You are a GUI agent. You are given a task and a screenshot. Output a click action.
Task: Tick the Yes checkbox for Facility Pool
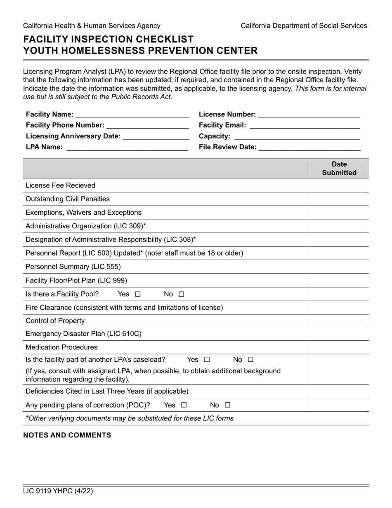[x=138, y=294]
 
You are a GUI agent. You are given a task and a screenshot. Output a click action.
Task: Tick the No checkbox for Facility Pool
[x=182, y=294]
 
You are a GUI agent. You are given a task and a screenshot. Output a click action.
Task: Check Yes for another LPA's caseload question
[x=207, y=360]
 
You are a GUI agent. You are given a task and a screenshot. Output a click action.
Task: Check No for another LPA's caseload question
[x=251, y=360]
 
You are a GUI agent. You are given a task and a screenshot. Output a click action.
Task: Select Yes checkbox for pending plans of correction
[x=184, y=405]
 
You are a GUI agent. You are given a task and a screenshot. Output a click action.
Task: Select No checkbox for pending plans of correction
[x=228, y=405]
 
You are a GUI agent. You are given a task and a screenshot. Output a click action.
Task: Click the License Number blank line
[x=309, y=115]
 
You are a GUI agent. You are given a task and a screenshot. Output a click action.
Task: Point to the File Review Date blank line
[x=309, y=147]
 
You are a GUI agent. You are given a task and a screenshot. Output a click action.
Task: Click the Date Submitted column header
[x=339, y=169]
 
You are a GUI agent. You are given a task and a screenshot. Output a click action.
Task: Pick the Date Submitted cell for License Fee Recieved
[x=339, y=185]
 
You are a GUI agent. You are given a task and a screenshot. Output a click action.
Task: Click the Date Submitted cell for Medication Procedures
[x=339, y=347]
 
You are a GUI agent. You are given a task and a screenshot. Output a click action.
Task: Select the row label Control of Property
[x=55, y=321]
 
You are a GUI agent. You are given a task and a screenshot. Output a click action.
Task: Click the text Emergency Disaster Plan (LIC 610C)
[x=83, y=334]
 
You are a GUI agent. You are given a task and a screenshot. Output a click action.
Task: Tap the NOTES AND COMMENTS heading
[x=67, y=435]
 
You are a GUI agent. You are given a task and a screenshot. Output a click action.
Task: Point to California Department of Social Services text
[x=304, y=26]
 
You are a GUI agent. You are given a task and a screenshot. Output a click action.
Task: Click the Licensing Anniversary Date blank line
[x=156, y=137]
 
